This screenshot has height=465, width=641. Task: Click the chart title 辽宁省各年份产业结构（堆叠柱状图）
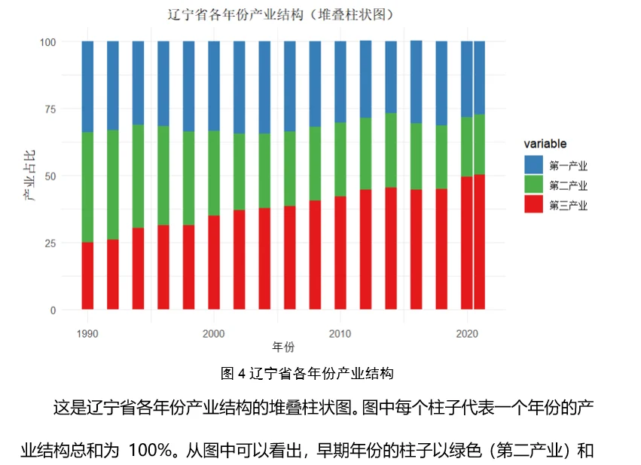(280, 15)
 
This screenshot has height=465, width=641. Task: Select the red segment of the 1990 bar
(87, 275)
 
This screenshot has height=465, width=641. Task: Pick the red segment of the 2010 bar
(340, 252)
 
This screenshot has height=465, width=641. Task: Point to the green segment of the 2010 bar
(340, 159)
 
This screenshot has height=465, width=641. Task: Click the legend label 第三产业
(568, 205)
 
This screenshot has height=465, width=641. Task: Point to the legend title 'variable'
(545, 144)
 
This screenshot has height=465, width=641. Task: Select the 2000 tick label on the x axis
(214, 334)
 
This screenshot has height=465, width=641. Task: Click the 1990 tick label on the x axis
(87, 334)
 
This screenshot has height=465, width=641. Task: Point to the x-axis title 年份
(283, 347)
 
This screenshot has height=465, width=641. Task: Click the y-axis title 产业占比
(29, 176)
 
